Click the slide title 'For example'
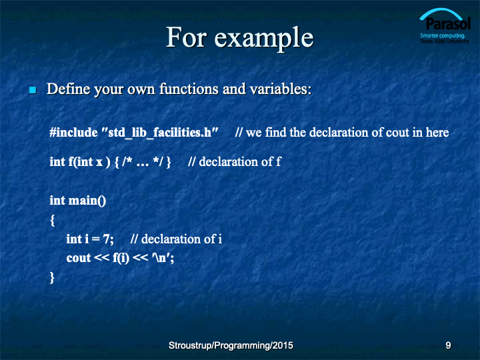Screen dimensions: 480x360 [240, 38]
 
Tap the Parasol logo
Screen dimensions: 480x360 [445, 26]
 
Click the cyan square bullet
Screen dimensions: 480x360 [33, 90]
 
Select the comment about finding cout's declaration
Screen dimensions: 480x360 [342, 133]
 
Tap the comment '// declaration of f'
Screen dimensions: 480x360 [235, 161]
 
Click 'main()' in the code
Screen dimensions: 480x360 [87, 201]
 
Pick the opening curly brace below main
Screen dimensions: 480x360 [53, 220]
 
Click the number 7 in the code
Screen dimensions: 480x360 [106, 239]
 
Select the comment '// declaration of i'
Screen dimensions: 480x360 [176, 239]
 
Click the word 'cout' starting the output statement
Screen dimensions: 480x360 [79, 258]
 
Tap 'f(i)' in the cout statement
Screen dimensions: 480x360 [121, 258]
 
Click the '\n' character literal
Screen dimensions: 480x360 [161, 258]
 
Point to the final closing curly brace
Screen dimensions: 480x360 [52, 277]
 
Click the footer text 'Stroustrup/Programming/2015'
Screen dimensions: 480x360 [231, 345]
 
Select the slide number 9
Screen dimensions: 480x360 [448, 345]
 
